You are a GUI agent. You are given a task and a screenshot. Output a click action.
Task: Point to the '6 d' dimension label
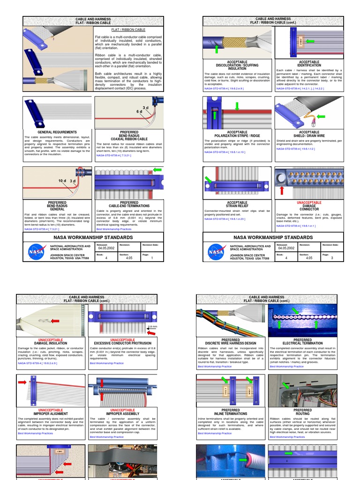[x=139, y=112]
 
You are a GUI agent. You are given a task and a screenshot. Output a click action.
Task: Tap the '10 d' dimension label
[x=62, y=180]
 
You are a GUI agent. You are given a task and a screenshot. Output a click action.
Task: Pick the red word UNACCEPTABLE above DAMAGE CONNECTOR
[x=309, y=202]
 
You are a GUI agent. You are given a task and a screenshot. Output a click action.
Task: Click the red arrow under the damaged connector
[x=281, y=190]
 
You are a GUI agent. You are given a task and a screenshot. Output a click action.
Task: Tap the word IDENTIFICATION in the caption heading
[x=309, y=65]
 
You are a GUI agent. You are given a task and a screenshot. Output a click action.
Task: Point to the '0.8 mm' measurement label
[x=153, y=326]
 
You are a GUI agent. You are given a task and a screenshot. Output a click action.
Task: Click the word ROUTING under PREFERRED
[x=302, y=414]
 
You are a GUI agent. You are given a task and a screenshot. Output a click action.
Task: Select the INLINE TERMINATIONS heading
[x=230, y=414]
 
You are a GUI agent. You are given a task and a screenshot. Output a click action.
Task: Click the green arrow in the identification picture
[x=310, y=41]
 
